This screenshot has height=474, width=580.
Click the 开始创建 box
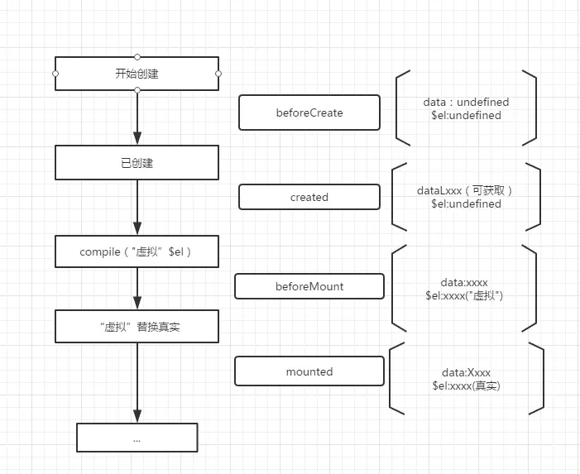pyautogui.click(x=137, y=74)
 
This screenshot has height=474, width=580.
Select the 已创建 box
pyautogui.click(x=137, y=163)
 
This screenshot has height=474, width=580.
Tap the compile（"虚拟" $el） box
pyautogui.click(x=137, y=251)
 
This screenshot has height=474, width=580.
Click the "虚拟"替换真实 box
pyautogui.click(x=137, y=327)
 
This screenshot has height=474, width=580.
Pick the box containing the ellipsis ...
pyautogui.click(x=137, y=438)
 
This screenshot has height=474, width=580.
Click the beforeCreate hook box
pyautogui.click(x=309, y=113)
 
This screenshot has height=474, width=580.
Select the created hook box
pyautogui.click(x=309, y=197)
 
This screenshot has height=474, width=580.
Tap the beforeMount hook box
pyautogui.click(x=309, y=286)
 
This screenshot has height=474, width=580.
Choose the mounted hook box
pyautogui.click(x=309, y=371)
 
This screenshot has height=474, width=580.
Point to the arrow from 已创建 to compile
pyautogui.click(x=137, y=207)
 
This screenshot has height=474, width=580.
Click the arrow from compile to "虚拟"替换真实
pyautogui.click(x=137, y=289)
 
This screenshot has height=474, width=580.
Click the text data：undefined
pyautogui.click(x=466, y=102)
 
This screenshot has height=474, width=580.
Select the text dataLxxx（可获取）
pyautogui.click(x=466, y=190)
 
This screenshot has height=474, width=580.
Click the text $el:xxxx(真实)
pyautogui.click(x=466, y=385)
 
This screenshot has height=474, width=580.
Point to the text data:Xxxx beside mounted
pyautogui.click(x=466, y=372)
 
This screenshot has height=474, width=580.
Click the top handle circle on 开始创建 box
pyautogui.click(x=137, y=57)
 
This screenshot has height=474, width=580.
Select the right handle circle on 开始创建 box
pyautogui.click(x=218, y=74)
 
